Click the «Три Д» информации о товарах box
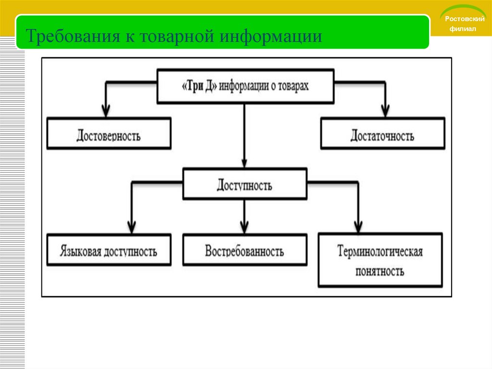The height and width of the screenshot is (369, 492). click(246, 86)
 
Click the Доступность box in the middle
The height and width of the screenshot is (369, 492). click(245, 185)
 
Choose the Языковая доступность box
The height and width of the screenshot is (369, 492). click(109, 251)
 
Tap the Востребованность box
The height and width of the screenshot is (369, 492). click(245, 251)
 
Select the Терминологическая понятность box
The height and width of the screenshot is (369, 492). click(380, 260)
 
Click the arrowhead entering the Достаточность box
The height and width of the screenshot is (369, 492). click(384, 110)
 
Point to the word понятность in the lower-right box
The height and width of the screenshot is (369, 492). click(380, 271)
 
